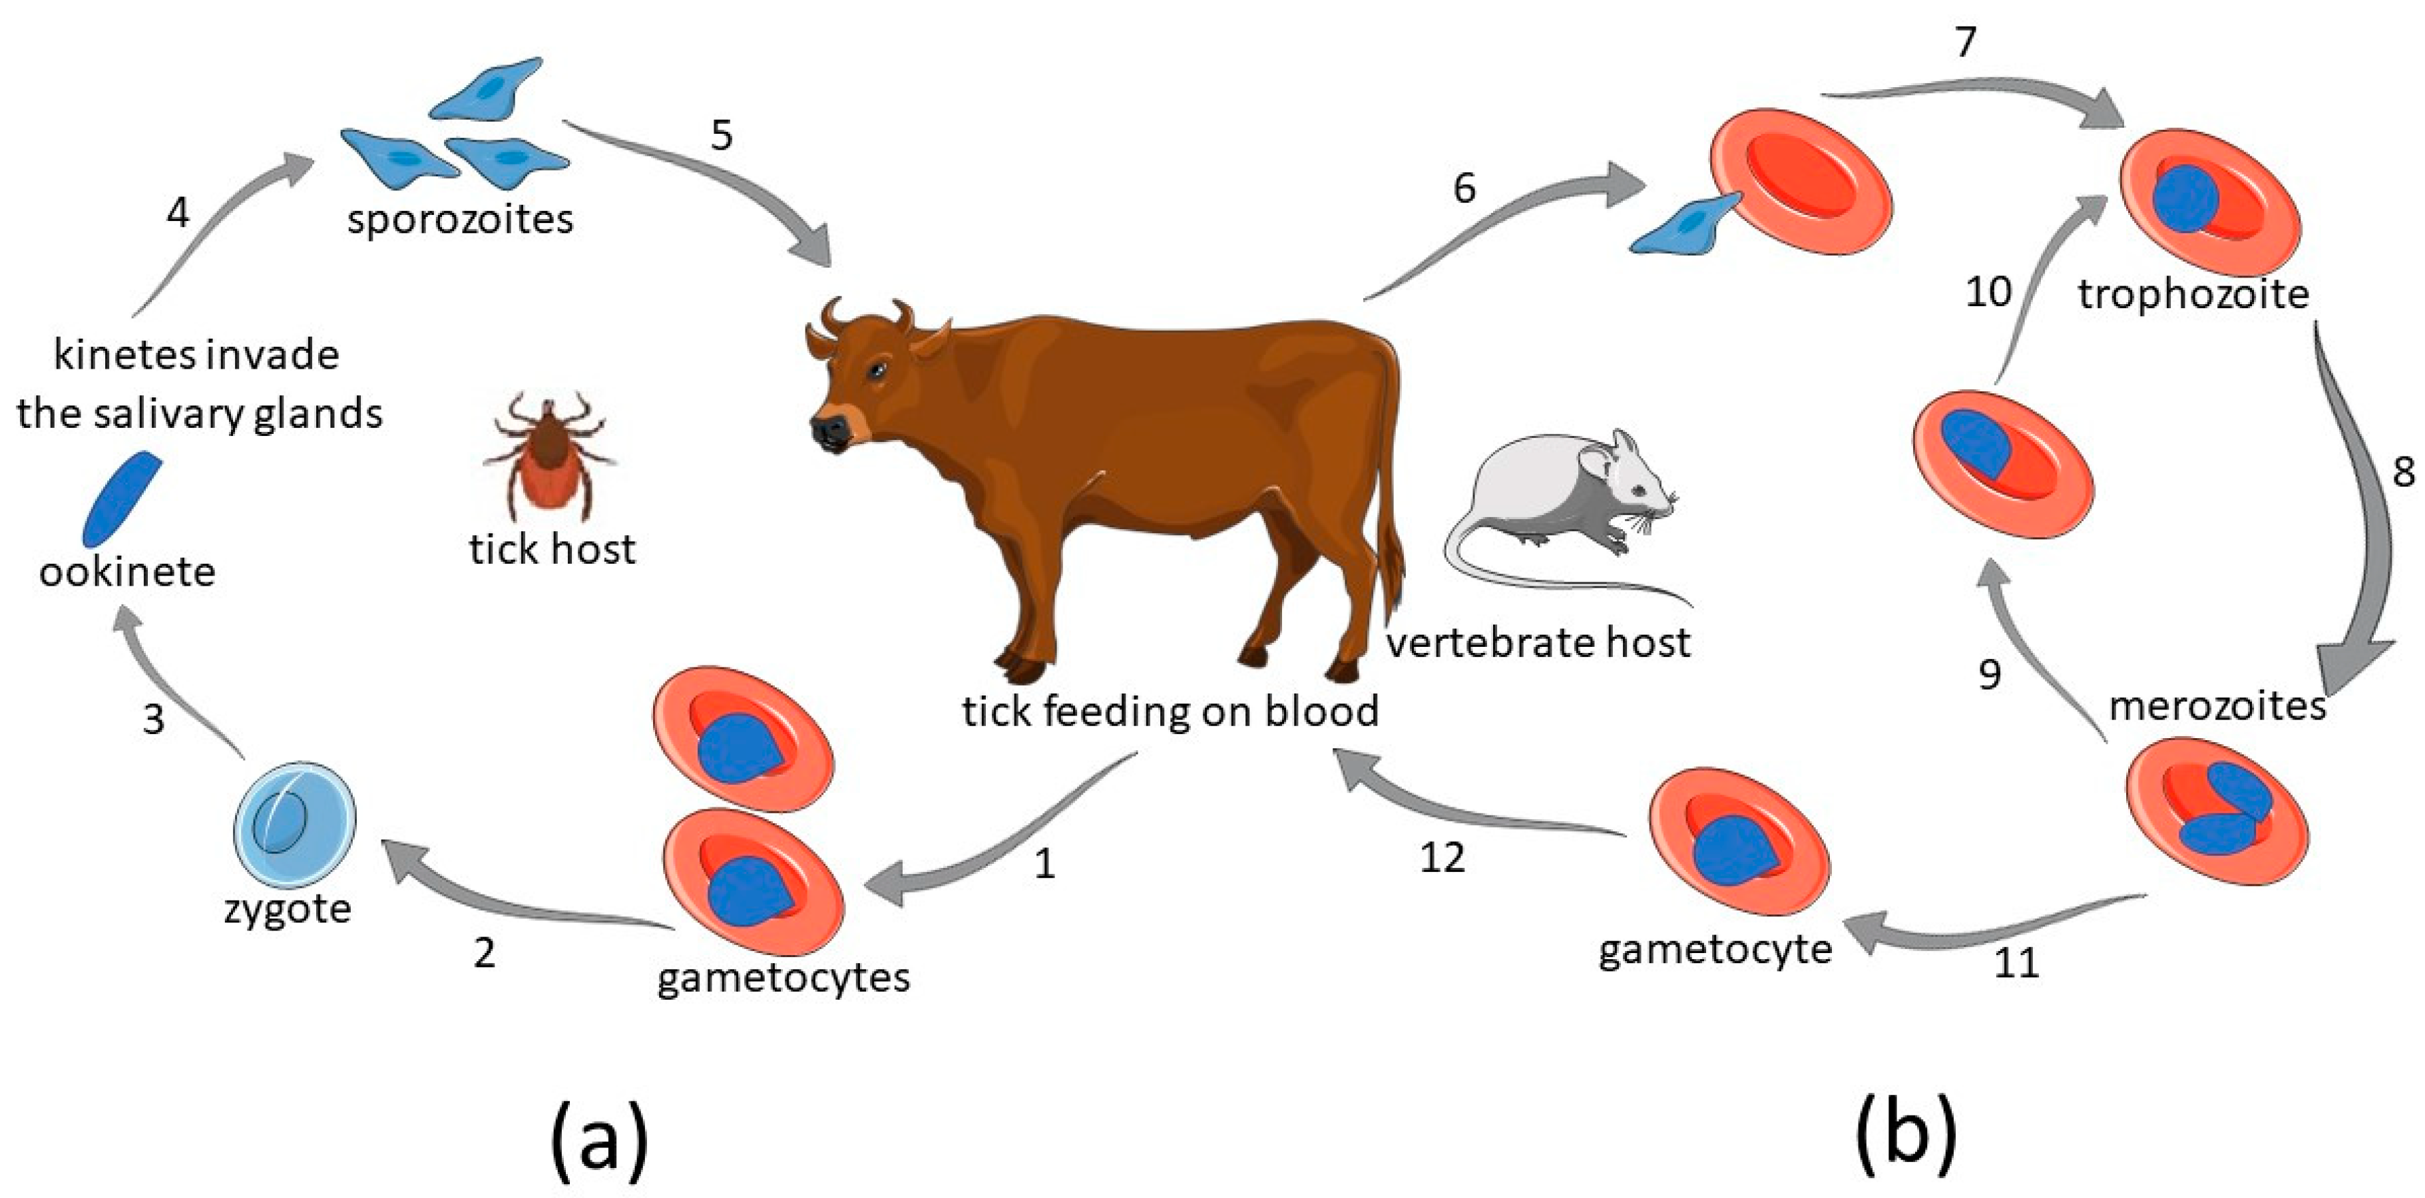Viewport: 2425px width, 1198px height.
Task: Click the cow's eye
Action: (877, 370)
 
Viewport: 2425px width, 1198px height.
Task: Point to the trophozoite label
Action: (2193, 296)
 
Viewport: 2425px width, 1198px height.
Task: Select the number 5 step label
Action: (721, 136)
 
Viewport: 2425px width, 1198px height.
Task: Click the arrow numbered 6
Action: (1506, 226)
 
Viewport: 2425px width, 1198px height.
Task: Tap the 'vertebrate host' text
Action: (1538, 644)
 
